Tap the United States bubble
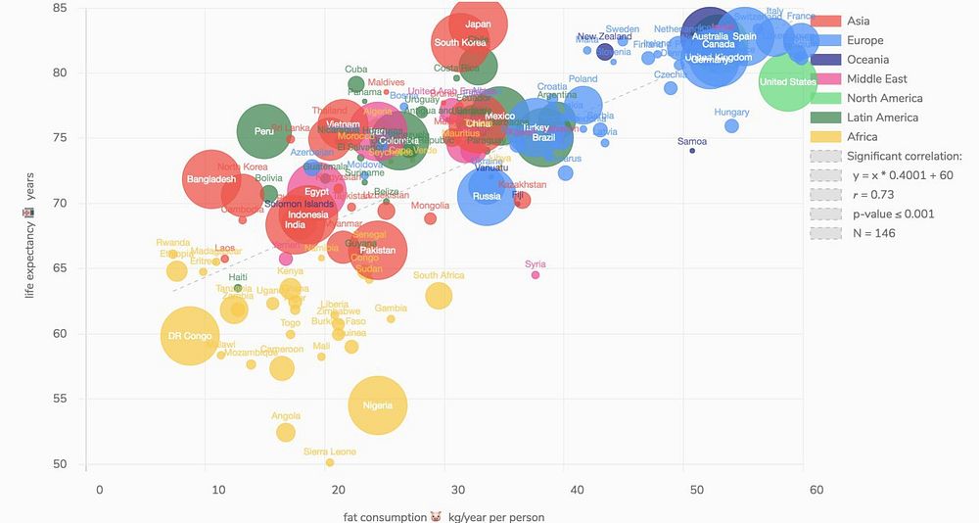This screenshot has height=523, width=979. (x=788, y=82)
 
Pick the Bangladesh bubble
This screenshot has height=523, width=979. (x=211, y=179)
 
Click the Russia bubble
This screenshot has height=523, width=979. (x=487, y=196)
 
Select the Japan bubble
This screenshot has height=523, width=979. (x=478, y=24)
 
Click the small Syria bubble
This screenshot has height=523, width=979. (x=536, y=275)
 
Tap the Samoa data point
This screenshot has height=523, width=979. (x=692, y=151)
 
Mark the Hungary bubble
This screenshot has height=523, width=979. (x=731, y=125)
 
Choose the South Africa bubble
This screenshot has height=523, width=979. (x=439, y=295)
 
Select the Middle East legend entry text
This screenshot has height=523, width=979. (x=876, y=79)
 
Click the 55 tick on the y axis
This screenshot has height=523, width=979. (x=61, y=399)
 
